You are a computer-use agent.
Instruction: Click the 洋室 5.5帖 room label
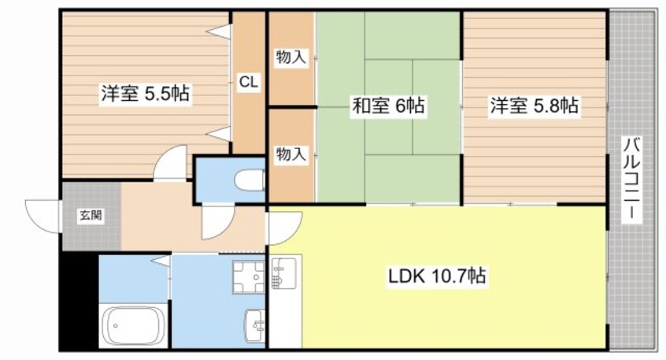point(143,94)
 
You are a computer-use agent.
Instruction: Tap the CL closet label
point(249,80)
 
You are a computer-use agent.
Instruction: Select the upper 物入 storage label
point(290,57)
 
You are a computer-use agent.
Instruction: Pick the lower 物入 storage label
point(290,155)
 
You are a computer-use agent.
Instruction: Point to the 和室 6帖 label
point(387,106)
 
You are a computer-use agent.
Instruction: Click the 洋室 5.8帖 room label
point(535,106)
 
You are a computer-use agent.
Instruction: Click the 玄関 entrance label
point(89,214)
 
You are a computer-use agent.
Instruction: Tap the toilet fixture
point(250,178)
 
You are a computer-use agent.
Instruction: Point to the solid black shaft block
point(78,300)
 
